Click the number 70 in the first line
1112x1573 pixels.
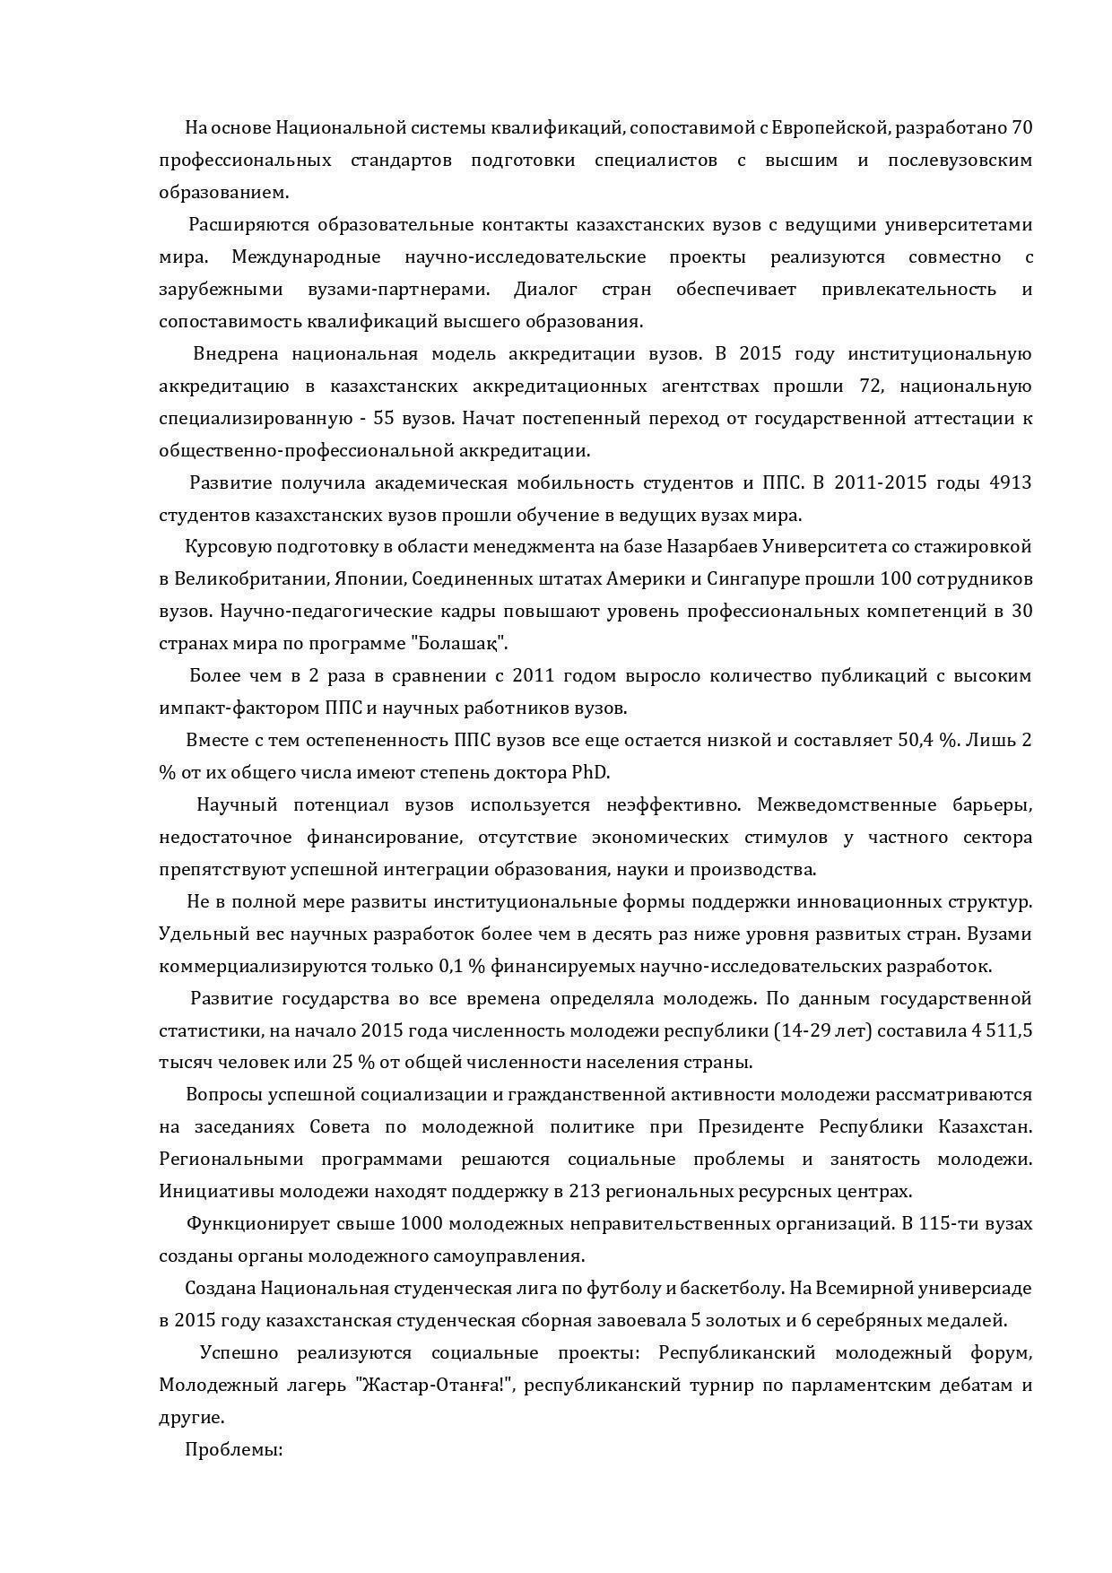1021,127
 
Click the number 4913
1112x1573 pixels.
1010,482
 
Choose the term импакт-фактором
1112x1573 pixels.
238,708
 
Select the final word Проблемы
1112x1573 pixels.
233,1449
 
